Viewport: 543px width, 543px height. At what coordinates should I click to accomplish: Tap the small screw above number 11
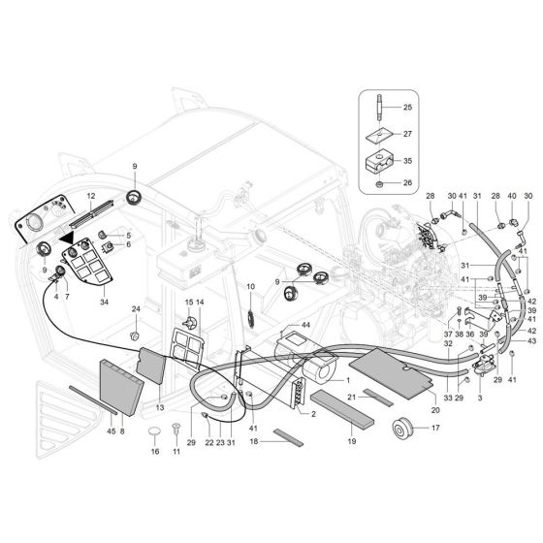176,430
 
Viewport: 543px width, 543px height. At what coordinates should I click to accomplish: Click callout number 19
351,441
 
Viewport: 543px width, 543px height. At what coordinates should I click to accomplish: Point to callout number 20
407,410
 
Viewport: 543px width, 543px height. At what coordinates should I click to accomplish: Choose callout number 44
304,325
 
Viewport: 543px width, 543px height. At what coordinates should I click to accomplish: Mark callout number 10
250,287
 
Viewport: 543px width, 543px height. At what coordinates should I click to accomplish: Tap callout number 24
137,310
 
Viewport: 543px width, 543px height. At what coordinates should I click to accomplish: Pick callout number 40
511,197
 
